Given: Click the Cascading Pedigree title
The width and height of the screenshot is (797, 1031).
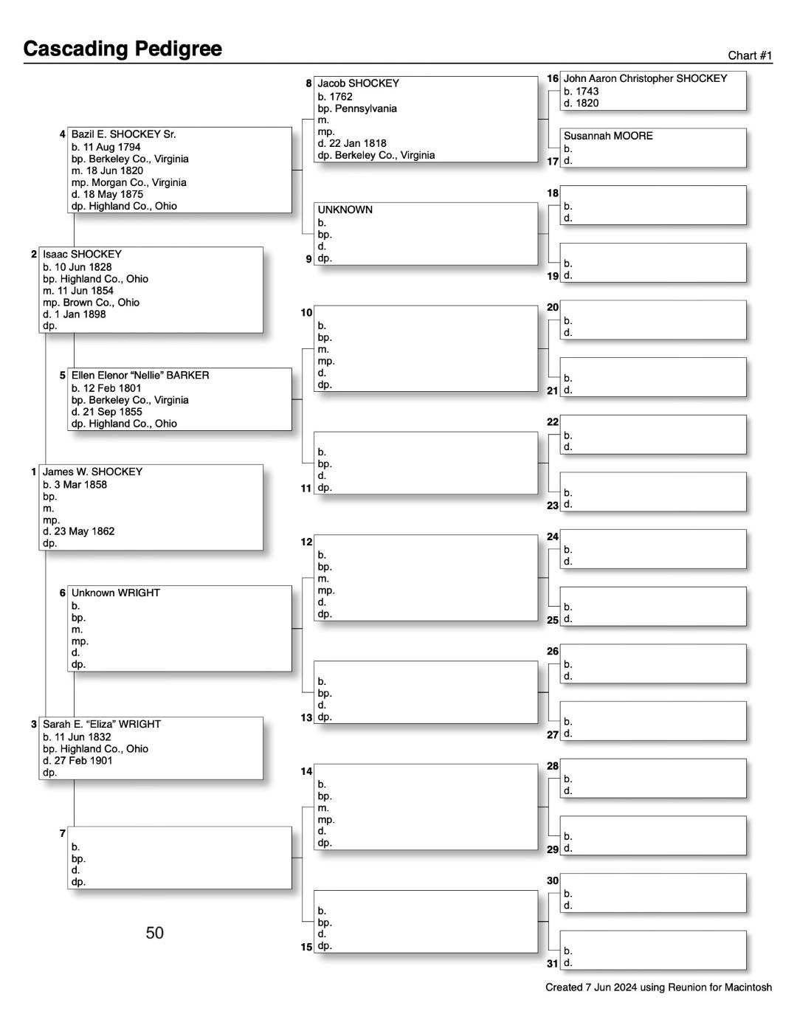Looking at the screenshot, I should (x=123, y=49).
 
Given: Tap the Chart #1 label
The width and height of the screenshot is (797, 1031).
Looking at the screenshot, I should (x=750, y=55).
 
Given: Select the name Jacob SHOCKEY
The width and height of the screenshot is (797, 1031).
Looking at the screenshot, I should (x=359, y=83).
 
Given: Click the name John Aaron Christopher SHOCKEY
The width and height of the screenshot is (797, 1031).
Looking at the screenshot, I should (x=645, y=78).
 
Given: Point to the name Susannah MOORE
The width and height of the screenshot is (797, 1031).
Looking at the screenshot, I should (x=608, y=136).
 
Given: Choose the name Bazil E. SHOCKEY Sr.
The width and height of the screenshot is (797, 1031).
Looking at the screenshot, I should (x=123, y=134).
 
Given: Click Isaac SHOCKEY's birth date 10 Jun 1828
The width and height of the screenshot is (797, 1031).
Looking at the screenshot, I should (x=79, y=266).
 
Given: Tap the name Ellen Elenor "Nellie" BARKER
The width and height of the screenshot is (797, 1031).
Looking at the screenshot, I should (x=140, y=375).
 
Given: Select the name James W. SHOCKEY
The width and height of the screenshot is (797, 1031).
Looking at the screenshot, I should (x=92, y=472).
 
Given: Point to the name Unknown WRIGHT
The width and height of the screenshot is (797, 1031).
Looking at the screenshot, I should (x=115, y=593).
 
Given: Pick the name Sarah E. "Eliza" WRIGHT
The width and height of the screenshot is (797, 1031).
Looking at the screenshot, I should (x=101, y=724).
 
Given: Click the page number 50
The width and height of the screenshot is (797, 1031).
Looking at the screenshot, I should (x=155, y=933).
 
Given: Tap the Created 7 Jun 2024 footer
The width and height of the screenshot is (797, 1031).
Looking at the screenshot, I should (x=658, y=987).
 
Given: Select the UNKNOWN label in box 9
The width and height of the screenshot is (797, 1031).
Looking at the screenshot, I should (x=345, y=210).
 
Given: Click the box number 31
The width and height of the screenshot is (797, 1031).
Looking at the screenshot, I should (x=552, y=963).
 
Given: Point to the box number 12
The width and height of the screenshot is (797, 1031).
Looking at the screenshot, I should (x=306, y=542).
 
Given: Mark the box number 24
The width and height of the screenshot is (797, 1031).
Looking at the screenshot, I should (x=552, y=537).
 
